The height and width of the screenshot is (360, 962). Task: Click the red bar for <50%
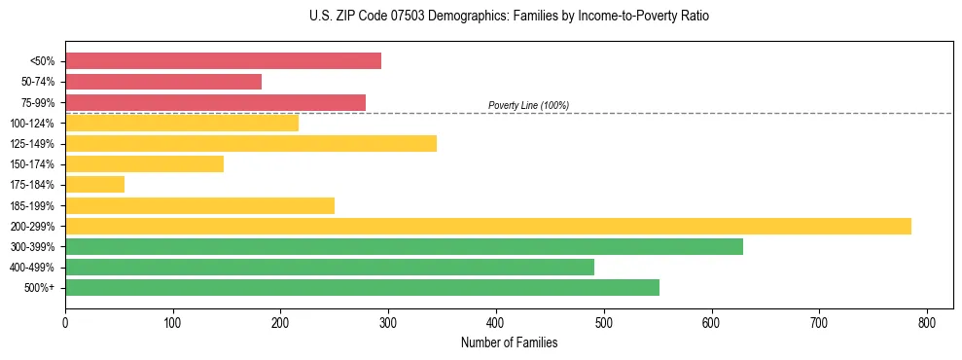click(x=223, y=61)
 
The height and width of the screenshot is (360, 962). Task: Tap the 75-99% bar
click(x=215, y=102)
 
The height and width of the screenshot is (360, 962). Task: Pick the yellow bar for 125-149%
click(x=251, y=144)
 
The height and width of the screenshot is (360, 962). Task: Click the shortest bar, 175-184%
click(x=94, y=185)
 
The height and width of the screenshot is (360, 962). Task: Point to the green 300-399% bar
click(x=404, y=247)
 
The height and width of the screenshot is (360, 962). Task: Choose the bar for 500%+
click(x=362, y=288)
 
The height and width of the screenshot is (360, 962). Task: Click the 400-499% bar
click(x=330, y=268)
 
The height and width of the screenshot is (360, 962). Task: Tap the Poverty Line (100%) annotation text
click(x=528, y=105)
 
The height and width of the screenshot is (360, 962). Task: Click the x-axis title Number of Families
click(x=509, y=342)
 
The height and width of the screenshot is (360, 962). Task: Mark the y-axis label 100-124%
click(x=32, y=124)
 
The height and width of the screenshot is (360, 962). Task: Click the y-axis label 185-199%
click(x=32, y=206)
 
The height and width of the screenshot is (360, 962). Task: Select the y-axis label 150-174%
click(x=32, y=164)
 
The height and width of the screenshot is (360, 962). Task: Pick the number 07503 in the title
click(x=416, y=17)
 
